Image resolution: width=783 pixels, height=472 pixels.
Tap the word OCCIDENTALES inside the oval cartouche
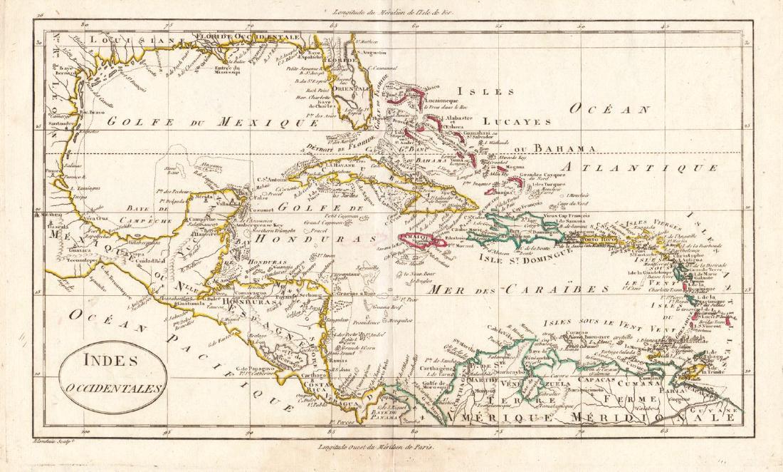tap(113, 389)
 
